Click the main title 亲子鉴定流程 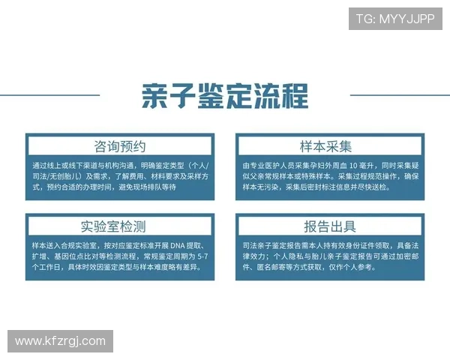tap(225, 96)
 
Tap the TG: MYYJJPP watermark tap(395, 19)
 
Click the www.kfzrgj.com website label tap(60, 341)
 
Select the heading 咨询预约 tap(120, 145)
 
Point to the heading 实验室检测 tap(120, 226)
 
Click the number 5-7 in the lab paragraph tap(199, 256)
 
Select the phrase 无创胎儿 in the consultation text tap(63, 175)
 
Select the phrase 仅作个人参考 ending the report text tap(349, 266)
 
